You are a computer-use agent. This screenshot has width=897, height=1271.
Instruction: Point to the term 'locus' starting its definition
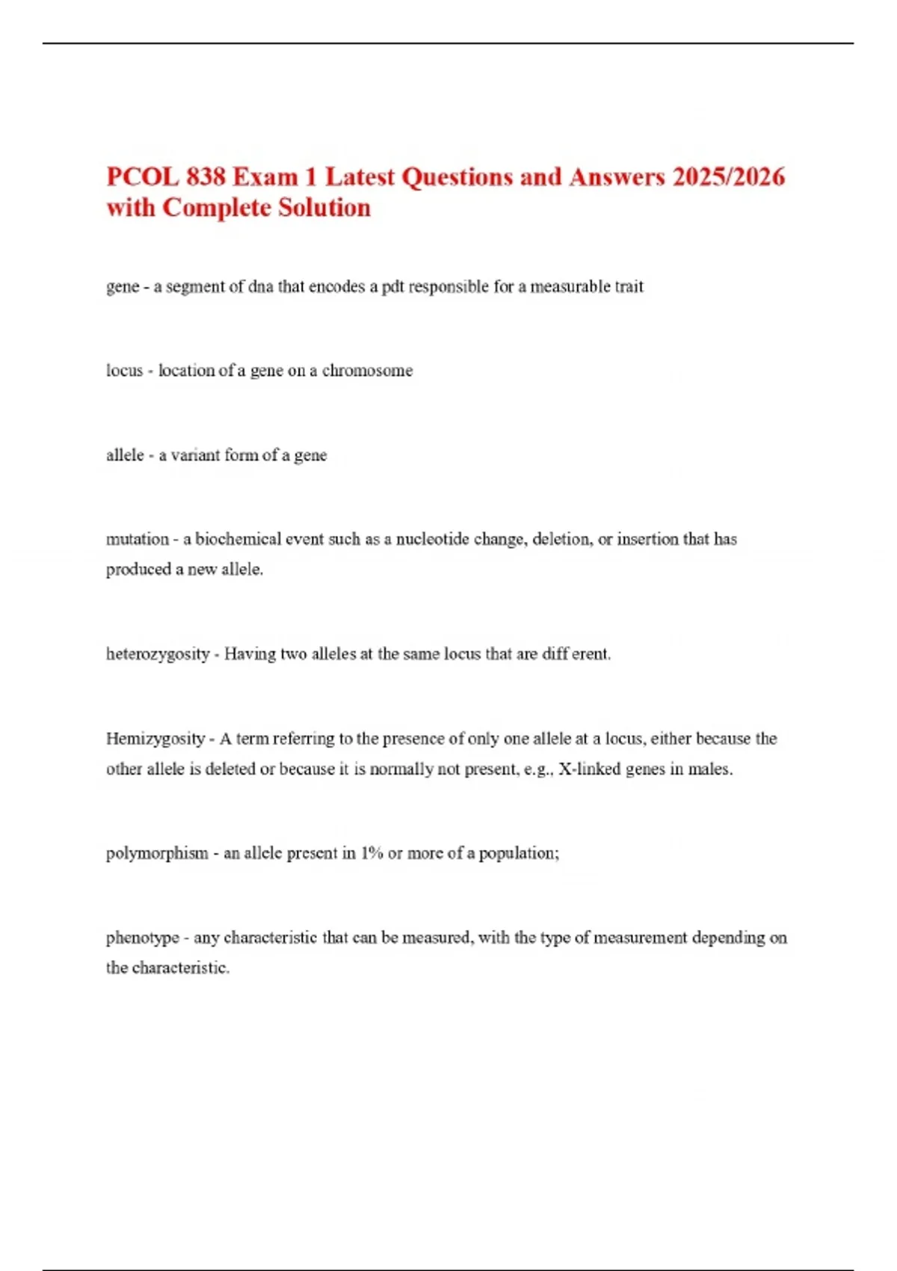[x=124, y=371]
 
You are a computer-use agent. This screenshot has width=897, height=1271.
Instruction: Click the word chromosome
[x=367, y=371]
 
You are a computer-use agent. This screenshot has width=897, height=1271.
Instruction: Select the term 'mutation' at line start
[x=138, y=539]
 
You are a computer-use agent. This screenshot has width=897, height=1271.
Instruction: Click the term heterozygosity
[x=158, y=654]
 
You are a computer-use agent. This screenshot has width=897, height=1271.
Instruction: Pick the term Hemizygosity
[x=155, y=739]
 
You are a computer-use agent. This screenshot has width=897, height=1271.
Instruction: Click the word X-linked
[x=589, y=769]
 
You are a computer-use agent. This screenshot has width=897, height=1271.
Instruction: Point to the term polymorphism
[x=157, y=853]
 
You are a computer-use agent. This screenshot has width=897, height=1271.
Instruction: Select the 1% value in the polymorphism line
[x=372, y=853]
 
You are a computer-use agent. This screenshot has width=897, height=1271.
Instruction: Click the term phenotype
[x=143, y=938]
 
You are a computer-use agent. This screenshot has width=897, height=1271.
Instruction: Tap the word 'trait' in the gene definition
[x=629, y=287]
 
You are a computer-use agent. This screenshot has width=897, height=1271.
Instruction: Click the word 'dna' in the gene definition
[x=261, y=287]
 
